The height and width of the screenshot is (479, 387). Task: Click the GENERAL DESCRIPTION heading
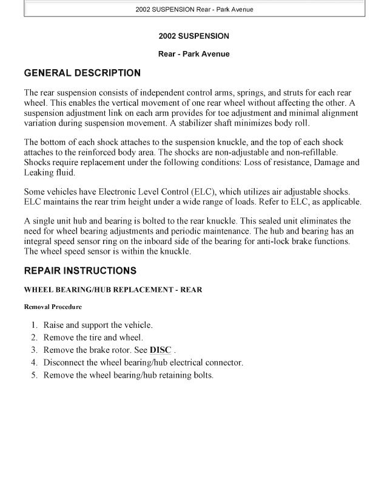coord(82,73)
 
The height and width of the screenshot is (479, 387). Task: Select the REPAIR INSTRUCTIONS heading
coord(80,270)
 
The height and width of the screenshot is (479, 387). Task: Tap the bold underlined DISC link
coord(160,350)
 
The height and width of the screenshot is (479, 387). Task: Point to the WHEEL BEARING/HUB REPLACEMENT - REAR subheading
coord(113,290)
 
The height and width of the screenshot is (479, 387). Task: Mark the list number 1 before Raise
coord(35,325)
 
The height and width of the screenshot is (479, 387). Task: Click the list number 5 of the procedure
coord(35,375)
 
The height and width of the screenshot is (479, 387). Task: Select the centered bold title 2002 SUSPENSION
coord(193,36)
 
